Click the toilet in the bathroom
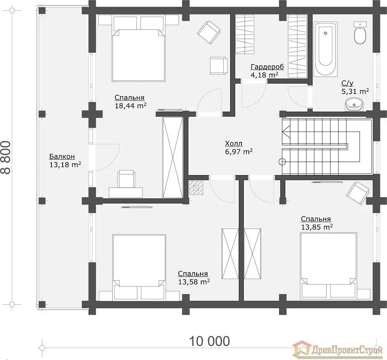pos(360,33)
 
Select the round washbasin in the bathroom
pos(354,104)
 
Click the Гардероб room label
pos(267,67)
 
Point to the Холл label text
pos(233,143)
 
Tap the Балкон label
pos(62,156)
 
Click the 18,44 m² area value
pos(130,106)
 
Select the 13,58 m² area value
pos(194,282)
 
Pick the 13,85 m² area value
pos(317,227)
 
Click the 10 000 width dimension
pos(209,341)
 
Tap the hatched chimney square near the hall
pos(196,188)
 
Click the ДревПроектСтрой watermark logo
pos(337,350)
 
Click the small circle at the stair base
pos(282,162)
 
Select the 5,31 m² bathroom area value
pos(355,92)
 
